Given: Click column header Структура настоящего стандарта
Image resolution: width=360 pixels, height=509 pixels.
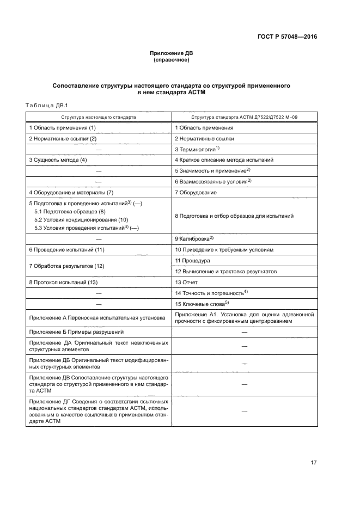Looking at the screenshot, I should click(x=99, y=117).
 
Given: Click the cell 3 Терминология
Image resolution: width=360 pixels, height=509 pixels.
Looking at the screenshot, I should click(x=197, y=149).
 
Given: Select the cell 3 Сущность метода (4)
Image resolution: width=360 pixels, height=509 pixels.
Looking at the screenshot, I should click(x=58, y=160).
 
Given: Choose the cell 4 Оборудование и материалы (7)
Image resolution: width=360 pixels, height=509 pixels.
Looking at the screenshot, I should click(x=71, y=192).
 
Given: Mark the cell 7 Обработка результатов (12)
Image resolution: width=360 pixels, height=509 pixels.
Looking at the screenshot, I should click(x=66, y=266).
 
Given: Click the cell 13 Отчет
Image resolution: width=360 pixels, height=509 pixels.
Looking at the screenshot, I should click(x=186, y=283).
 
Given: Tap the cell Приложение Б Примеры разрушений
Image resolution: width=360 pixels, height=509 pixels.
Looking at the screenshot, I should click(x=76, y=332).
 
